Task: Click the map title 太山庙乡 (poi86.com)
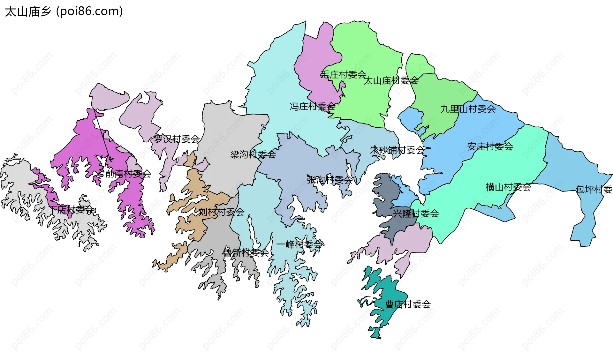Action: point(64,11)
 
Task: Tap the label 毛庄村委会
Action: point(343,75)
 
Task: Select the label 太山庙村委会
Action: point(391,81)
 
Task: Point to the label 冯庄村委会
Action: point(312,107)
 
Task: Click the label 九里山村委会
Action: point(468,109)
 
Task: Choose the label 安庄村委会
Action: point(490,147)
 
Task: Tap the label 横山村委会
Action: point(508,187)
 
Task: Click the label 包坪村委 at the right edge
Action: point(594,190)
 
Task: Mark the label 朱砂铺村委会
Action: point(397,150)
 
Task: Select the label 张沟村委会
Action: point(330,180)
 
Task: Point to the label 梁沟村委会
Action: point(253,155)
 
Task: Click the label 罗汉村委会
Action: point(177,139)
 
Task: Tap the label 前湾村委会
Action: point(128,174)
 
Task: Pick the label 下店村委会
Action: point(72,210)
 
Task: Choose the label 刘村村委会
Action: point(222,212)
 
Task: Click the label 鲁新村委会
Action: point(246,253)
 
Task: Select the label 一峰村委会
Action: point(299,245)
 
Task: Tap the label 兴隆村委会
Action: point(416,214)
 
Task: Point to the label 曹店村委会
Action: point(408,304)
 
